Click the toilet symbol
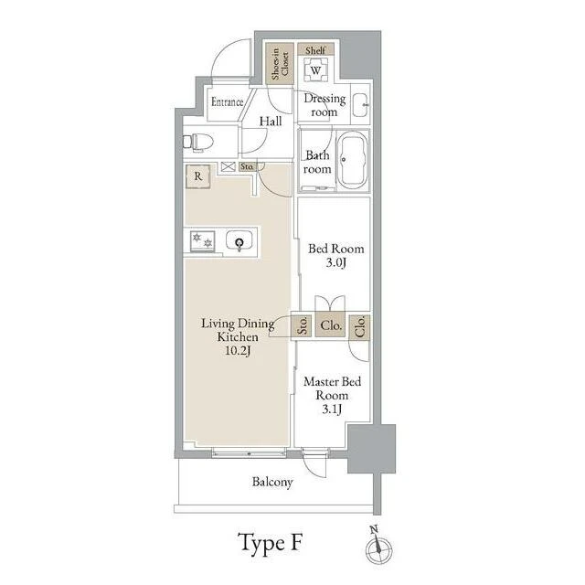coord(197,143)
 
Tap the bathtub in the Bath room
coord(353,159)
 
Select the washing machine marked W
coord(315,69)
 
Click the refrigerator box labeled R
coord(198,176)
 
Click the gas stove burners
coord(202,241)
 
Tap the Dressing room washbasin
coord(360,105)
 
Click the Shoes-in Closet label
coord(280,63)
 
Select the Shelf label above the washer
coord(315,50)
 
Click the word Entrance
coord(228,101)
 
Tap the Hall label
coord(271,122)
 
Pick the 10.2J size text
coord(238,350)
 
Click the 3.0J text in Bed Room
coord(336,262)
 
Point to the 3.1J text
coord(332,409)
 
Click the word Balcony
coord(272,482)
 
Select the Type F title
coord(270,543)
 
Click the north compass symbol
coord(378,548)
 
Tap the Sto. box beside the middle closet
coord(302,325)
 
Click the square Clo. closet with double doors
coord(330,325)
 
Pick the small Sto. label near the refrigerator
coord(247,166)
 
